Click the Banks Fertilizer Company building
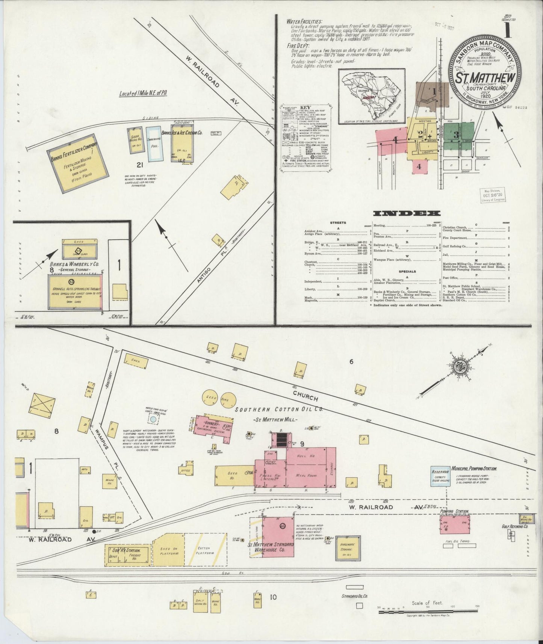[78, 163]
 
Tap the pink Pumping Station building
[455, 524]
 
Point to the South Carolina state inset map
[371, 96]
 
